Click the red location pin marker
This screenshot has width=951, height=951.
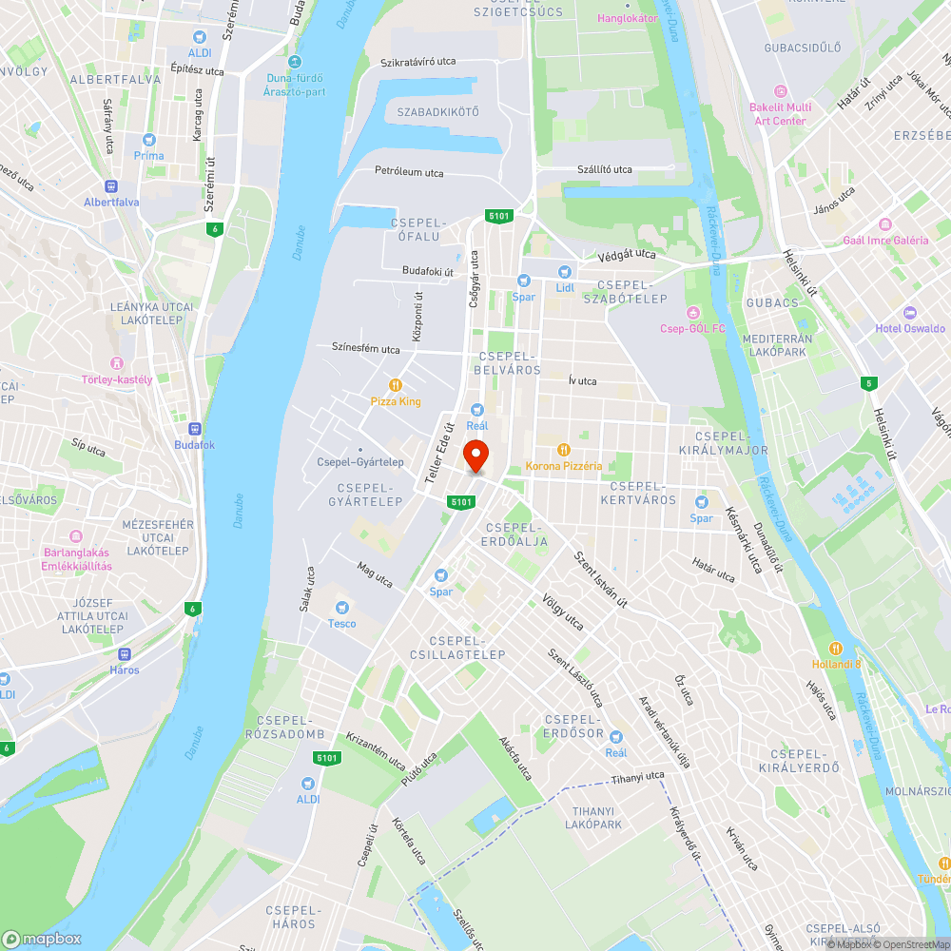pos(475,456)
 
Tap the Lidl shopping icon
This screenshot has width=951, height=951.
pos(565,272)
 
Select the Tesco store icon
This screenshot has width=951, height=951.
pos(342,608)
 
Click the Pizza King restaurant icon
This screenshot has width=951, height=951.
pos(396,385)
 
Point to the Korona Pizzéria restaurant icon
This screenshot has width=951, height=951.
pos(564,450)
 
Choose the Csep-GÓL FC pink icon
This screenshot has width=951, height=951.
pos(693,313)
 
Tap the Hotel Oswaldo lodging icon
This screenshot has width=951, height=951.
pos(910,313)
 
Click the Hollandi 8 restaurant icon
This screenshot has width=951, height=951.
pos(837,648)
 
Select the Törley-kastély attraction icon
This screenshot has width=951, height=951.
pos(117,363)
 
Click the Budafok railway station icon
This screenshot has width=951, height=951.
pos(195,429)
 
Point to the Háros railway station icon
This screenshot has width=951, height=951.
pos(124,654)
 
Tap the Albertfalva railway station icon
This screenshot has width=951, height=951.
pos(111,186)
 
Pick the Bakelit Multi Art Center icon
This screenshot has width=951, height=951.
pos(780,91)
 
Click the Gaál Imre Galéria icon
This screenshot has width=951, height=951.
pos(885,224)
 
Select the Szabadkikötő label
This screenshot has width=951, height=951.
pos(437,112)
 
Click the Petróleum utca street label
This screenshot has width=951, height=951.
pos(409,173)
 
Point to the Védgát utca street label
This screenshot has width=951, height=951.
pos(627,255)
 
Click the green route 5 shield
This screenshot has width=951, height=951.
pos(866,383)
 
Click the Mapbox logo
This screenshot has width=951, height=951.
pos(42,939)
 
